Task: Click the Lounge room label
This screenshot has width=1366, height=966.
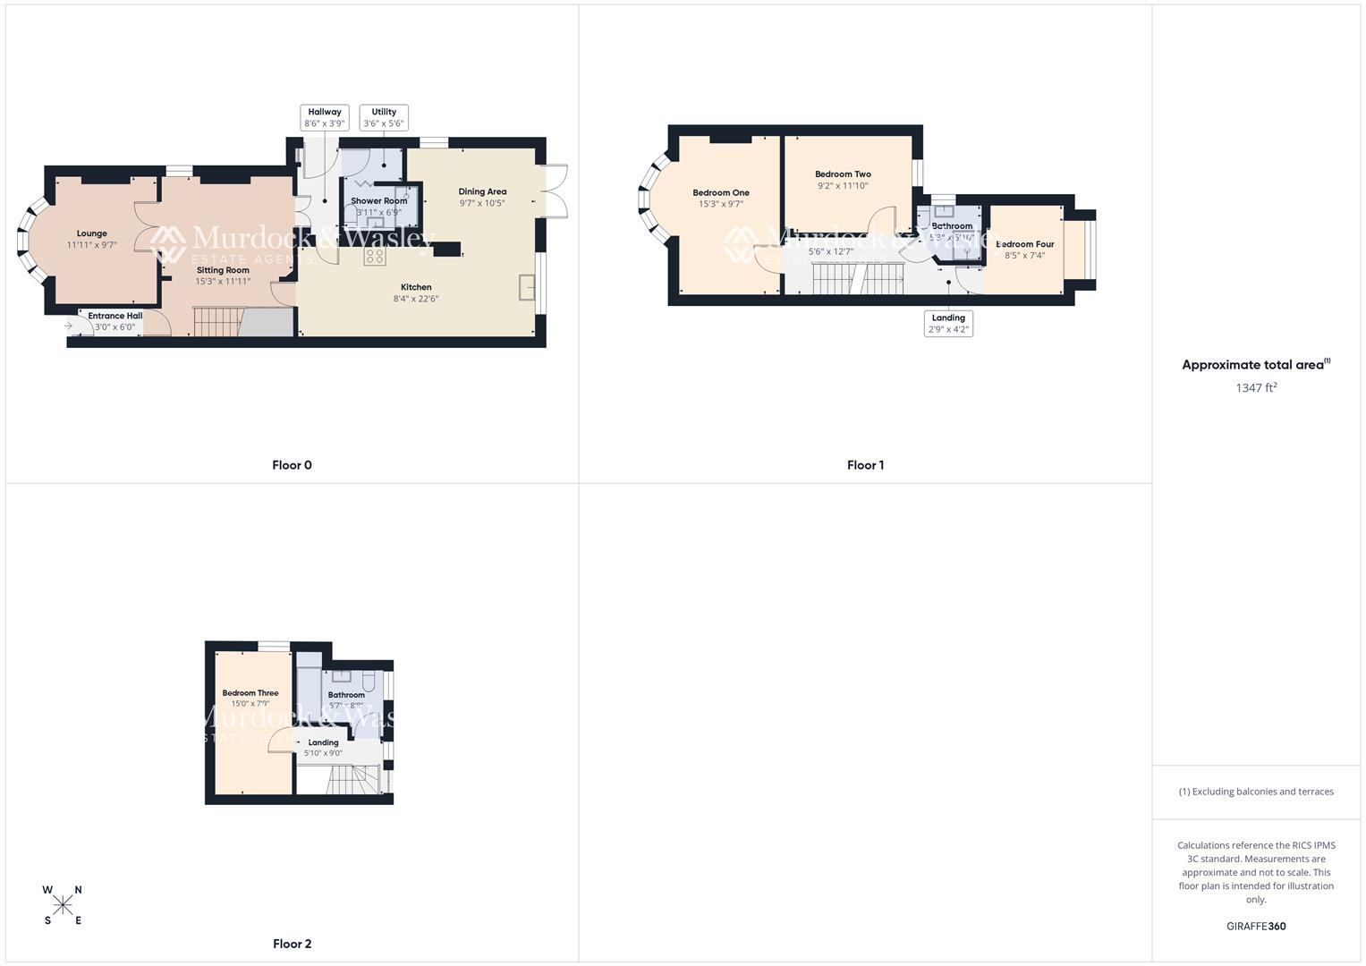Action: [x=91, y=233]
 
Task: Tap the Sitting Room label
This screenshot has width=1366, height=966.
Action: [x=223, y=270]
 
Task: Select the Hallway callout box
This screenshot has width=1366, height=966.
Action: [x=324, y=118]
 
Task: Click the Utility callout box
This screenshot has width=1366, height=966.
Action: [x=384, y=118]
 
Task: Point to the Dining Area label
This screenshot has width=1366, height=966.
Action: [x=482, y=191]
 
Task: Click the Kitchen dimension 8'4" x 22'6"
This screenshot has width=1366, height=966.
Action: [x=416, y=299]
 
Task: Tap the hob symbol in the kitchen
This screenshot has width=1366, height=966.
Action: [x=375, y=257]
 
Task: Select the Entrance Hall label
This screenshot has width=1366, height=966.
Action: [x=115, y=316]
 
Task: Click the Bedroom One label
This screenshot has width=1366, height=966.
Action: [x=721, y=192]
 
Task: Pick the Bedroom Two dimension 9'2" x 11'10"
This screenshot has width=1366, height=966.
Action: [x=843, y=186]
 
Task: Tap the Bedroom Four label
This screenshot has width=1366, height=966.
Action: [x=1025, y=244]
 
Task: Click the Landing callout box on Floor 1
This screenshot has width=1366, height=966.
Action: [x=948, y=323]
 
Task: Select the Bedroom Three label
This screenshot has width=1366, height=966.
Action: [x=250, y=693]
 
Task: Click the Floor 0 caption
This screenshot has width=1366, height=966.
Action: [x=292, y=465]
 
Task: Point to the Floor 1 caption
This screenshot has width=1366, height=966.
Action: [x=865, y=465]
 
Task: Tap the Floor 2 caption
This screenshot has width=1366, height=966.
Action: [x=292, y=944]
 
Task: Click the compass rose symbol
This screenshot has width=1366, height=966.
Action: [x=63, y=905]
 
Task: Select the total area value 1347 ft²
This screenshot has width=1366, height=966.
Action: [x=1256, y=387]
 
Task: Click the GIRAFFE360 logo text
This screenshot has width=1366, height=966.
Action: [x=1256, y=926]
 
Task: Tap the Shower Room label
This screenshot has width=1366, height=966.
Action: [x=378, y=201]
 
